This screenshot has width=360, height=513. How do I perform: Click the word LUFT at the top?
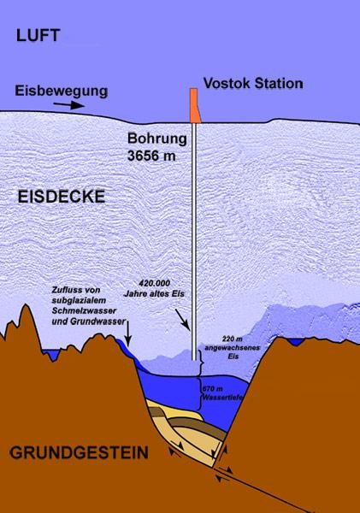(x=33, y=35)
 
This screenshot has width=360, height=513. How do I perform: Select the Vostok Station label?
(x=252, y=84)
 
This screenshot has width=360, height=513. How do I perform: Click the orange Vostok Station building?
(x=195, y=103)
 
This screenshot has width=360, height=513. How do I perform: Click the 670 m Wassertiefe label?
(x=220, y=394)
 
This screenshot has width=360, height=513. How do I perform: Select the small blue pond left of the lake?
(x=59, y=353)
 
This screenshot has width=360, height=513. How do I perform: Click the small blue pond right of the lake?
(x=297, y=342)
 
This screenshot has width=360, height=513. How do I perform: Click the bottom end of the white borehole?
(x=196, y=373)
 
